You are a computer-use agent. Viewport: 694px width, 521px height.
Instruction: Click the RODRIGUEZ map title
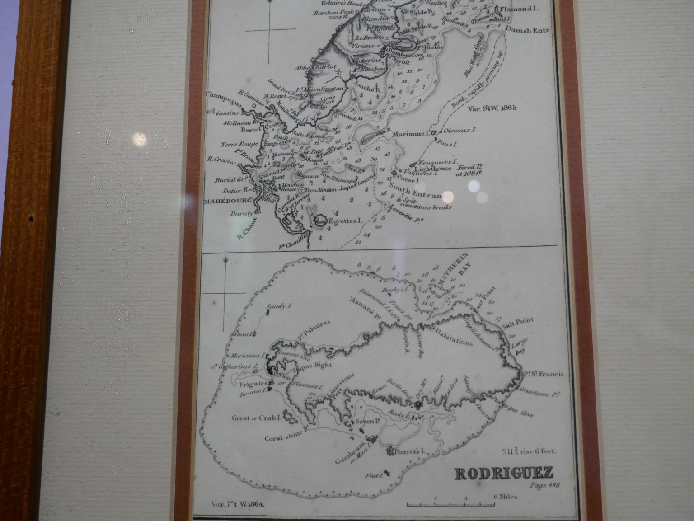coord(503,473)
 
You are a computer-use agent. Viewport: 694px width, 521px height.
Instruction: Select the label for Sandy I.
coord(277,307)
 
